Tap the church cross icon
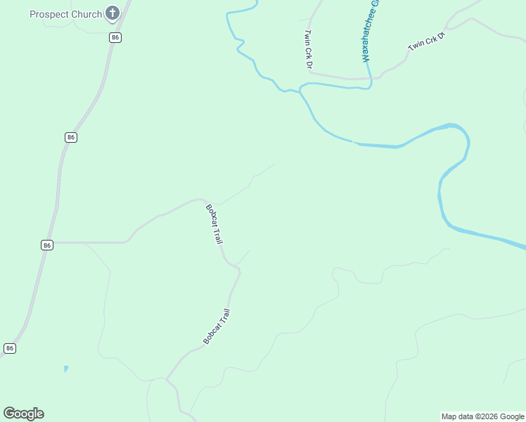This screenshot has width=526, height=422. pyautogui.click(x=112, y=13)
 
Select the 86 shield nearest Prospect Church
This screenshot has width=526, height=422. pyautogui.click(x=115, y=37)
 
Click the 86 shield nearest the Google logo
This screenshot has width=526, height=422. pyautogui.click(x=9, y=348)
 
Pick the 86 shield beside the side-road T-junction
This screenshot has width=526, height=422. pyautogui.click(x=46, y=245)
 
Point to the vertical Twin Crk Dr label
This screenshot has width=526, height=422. pyautogui.click(x=307, y=49)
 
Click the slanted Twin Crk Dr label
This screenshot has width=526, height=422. pyautogui.click(x=428, y=41)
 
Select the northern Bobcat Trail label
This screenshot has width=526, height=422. pyautogui.click(x=214, y=223)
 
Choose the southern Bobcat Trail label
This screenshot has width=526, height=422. pyautogui.click(x=217, y=326)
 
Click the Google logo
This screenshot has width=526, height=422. pyautogui.click(x=23, y=414)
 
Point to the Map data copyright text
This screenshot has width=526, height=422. pyautogui.click(x=482, y=416)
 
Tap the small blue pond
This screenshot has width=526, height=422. pyautogui.click(x=66, y=369)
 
